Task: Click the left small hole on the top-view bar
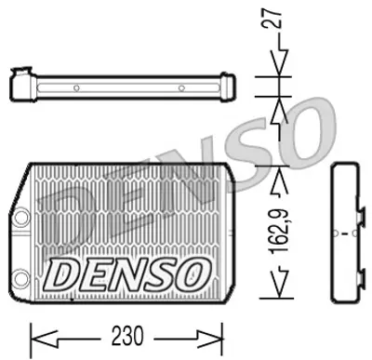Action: pyautogui.click(x=76, y=89)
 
